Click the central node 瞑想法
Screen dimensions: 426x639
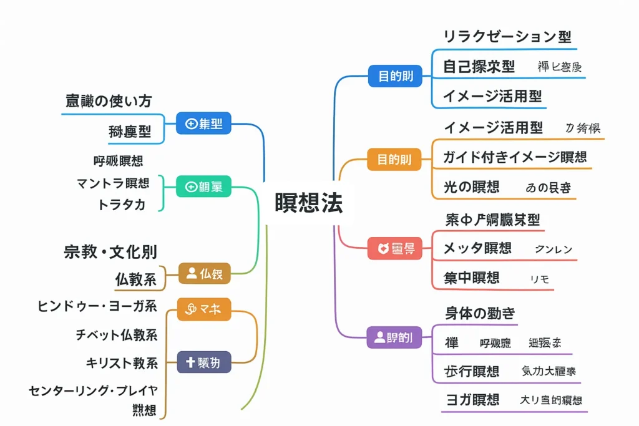coord(309,203)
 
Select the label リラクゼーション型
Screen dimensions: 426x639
coord(507,37)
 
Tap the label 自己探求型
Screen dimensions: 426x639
coord(479,67)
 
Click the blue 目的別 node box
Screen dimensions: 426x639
coord(395,77)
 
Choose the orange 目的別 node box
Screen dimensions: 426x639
coord(394,159)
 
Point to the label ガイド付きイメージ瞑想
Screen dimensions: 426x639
coord(515,157)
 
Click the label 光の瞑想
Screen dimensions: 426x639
coord(471,186)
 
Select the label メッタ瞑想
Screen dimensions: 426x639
coord(477,248)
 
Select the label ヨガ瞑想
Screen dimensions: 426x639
coord(472,400)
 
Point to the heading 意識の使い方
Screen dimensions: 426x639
coord(109,101)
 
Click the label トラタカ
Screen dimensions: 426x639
coord(122,205)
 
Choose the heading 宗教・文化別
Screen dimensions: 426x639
coord(110,253)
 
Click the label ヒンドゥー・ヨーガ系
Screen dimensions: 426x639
coord(97,306)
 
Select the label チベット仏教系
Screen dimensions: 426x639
coord(116,334)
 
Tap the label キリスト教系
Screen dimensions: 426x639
coord(122,363)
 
